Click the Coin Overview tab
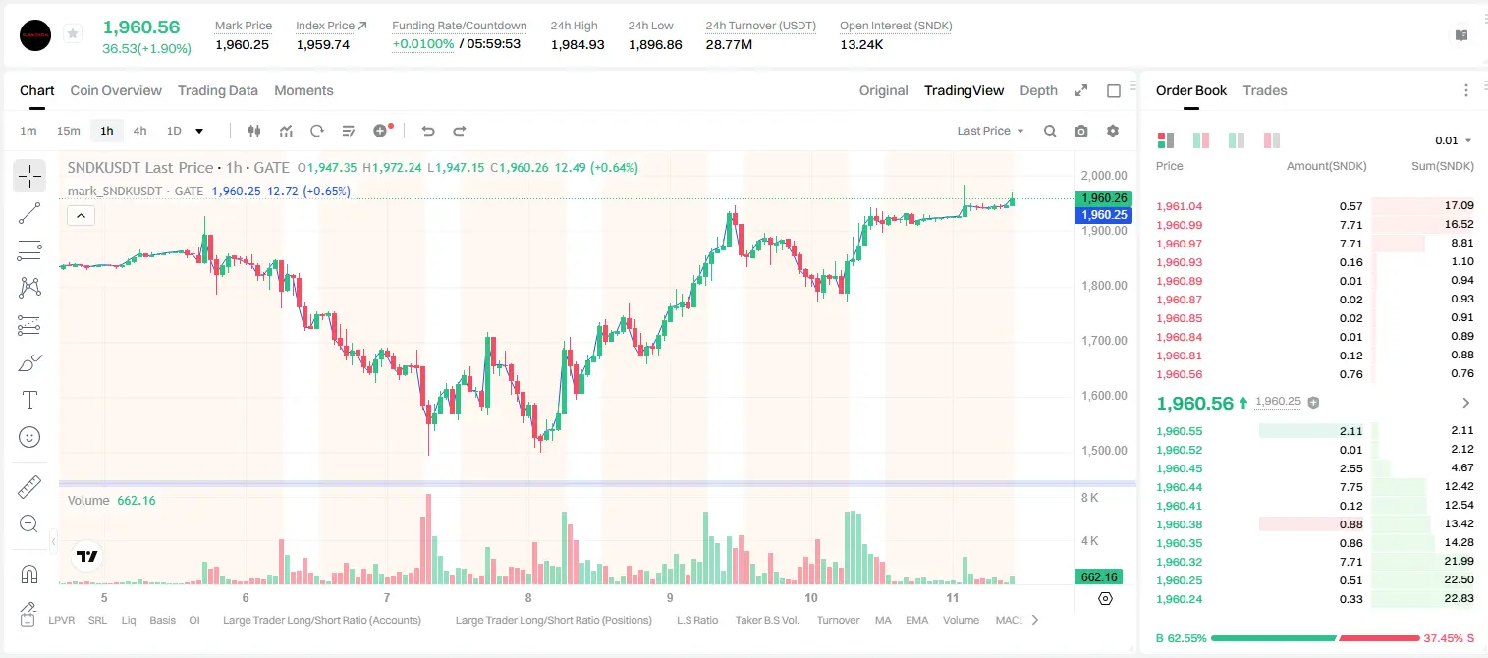pos(116,90)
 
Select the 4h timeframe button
pos(139,131)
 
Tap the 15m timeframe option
pos(69,131)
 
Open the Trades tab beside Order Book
pos(1265,90)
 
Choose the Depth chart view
pos(1038,90)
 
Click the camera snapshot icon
pos(1081,131)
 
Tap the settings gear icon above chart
pos(1113,131)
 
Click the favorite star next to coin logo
pos(73,33)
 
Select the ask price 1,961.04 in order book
pos(1180,206)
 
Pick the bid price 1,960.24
pos(1180,599)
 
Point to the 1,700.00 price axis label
pos(1104,341)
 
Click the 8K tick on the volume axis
pos(1089,497)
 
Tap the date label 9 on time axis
pos(670,597)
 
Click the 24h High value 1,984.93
pos(578,44)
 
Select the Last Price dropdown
pos(990,131)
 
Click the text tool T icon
pos(29,400)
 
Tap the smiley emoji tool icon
pos(29,437)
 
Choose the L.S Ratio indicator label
pos(696,620)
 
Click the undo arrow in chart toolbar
pos(428,131)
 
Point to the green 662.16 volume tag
pos(1099,577)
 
